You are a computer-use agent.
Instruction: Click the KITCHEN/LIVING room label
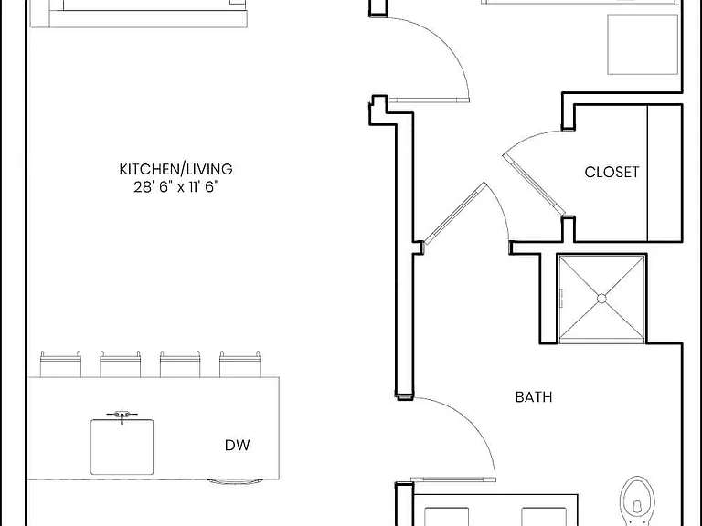pos(175,169)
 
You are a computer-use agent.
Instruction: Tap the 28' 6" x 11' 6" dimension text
pos(176,186)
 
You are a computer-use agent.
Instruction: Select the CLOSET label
pos(612,173)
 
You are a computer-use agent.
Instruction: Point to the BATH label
pos(534,397)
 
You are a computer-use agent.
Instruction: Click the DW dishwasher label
pos(238,445)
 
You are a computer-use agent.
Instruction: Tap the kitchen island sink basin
pos(122,447)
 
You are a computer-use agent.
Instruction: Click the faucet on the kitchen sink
pos(122,416)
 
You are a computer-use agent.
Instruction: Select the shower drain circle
pos(601,299)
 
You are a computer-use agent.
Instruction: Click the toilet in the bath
pos(637,501)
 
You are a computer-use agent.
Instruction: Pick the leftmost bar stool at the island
pos(60,364)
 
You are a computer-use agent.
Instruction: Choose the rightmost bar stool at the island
pos(240,364)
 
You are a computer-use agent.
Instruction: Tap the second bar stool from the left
pos(120,364)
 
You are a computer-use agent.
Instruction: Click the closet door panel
pos(534,184)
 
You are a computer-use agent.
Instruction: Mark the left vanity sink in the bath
pos(446,517)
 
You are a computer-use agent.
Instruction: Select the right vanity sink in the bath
pos(544,517)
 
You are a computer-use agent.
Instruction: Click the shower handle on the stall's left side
pos(561,299)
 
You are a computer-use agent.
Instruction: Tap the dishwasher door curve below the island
pos(235,482)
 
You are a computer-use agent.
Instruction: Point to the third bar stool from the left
pos(180,364)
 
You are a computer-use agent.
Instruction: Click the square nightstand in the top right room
pos(643,44)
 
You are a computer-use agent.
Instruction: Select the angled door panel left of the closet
pos(454,214)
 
